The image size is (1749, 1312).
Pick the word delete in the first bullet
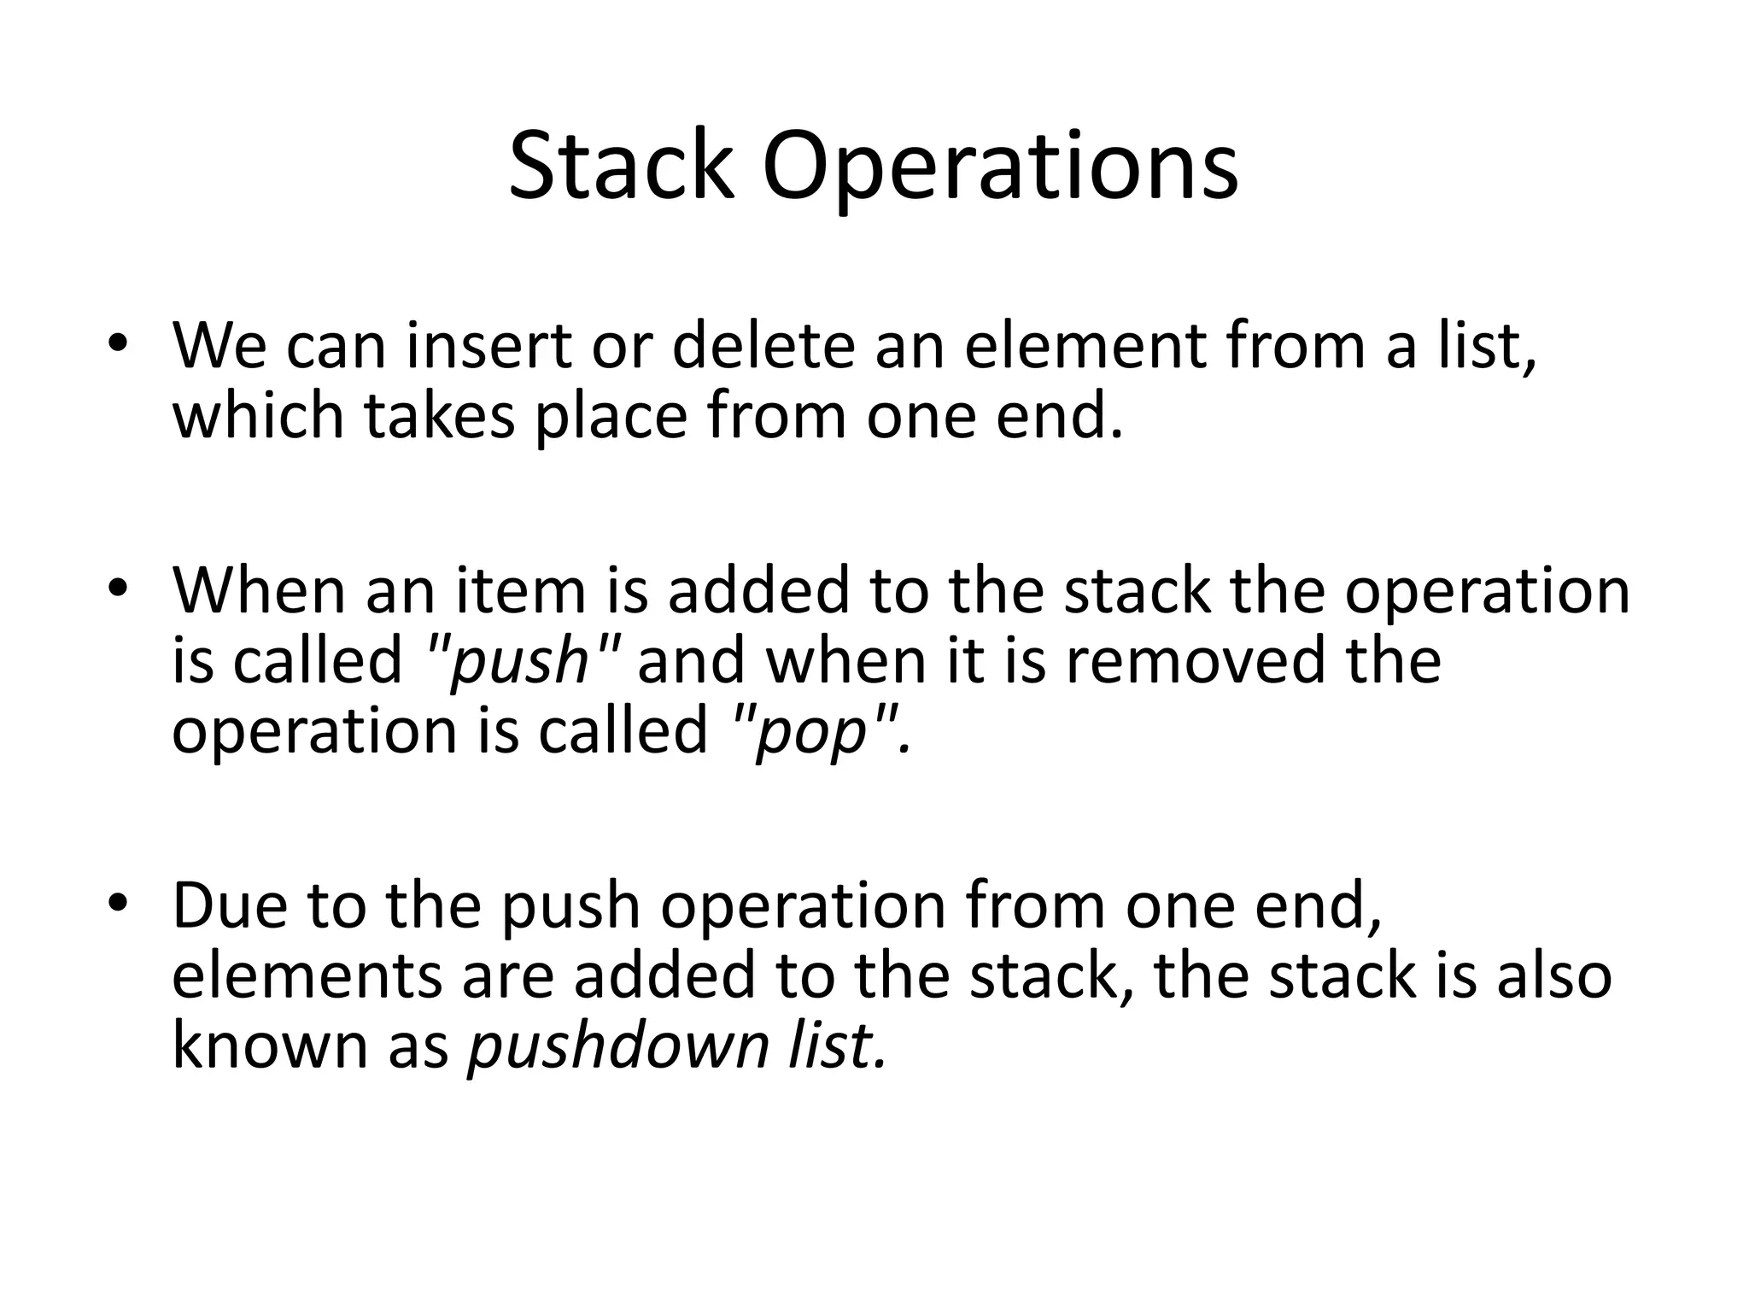click(x=763, y=346)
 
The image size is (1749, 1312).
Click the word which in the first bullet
click(x=258, y=416)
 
